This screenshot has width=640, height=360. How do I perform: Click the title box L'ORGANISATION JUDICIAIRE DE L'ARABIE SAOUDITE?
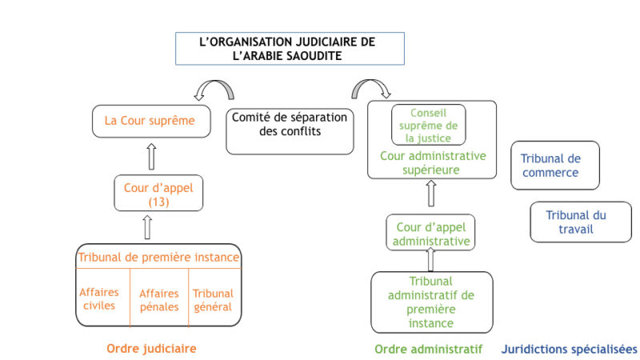pyautogui.click(x=290, y=49)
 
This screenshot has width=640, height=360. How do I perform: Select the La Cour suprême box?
pyautogui.click(x=151, y=122)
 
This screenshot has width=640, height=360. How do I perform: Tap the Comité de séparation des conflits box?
pyautogui.click(x=290, y=131)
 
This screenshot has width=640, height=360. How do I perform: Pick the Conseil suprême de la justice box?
pyautogui.click(x=429, y=125)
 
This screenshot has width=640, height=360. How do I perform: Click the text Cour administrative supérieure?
pyautogui.click(x=433, y=162)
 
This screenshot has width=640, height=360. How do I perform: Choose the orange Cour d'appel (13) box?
pyautogui.click(x=158, y=193)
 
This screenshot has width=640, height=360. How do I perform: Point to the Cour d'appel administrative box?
pyautogui.click(x=430, y=232)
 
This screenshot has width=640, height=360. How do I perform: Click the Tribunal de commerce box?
pyautogui.click(x=555, y=166)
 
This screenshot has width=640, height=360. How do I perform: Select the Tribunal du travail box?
pyautogui.click(x=581, y=222)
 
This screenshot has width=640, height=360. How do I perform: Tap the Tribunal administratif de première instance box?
pyautogui.click(x=432, y=302)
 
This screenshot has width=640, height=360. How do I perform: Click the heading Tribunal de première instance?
pyautogui.click(x=158, y=257)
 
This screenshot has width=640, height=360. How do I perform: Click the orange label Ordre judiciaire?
pyautogui.click(x=151, y=349)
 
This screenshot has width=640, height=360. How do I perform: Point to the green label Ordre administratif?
pyautogui.click(x=428, y=350)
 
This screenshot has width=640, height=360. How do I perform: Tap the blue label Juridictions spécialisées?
pyautogui.click(x=569, y=350)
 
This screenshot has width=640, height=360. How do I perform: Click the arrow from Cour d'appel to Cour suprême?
pyautogui.click(x=151, y=156)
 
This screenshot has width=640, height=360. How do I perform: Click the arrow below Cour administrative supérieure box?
pyautogui.click(x=431, y=194)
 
